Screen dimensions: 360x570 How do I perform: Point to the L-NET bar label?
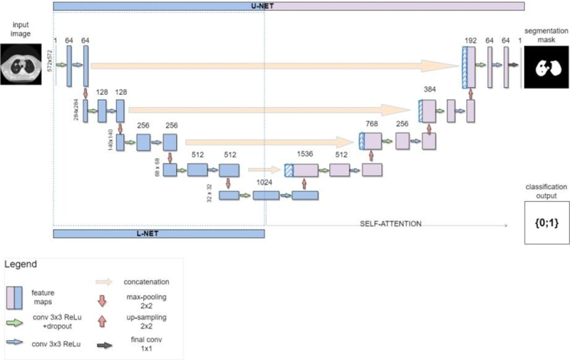158,233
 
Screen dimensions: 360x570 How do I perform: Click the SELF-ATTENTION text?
391,224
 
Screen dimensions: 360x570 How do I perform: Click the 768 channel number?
370,122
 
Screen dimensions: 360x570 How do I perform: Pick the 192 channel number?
469,33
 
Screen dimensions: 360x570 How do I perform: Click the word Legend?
23,264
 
